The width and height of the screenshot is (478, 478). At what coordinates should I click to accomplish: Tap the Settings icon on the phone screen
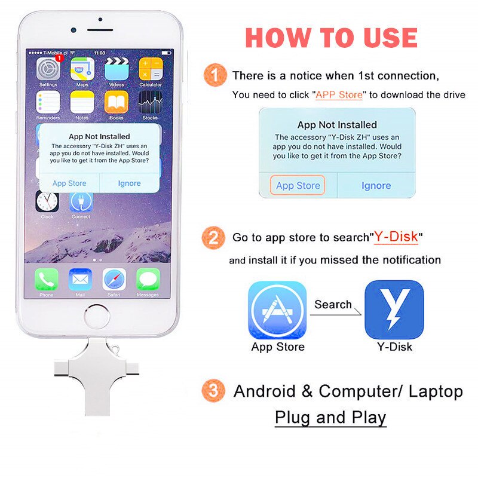coord(48,70)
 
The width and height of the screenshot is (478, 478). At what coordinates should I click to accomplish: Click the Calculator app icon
coord(151,70)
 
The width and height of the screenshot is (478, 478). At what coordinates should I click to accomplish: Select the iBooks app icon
coord(116,102)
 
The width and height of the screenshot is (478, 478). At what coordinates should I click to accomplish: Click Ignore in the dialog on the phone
coord(129,183)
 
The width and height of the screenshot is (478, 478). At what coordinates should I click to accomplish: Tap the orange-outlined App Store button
coord(298,186)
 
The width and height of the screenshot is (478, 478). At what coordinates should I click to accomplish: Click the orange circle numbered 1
coord(215,76)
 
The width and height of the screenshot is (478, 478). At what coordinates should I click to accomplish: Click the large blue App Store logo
coord(277,310)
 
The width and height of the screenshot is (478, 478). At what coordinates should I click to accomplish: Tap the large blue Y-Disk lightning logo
coord(394,310)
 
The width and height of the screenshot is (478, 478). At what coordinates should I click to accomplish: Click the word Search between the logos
coord(333,304)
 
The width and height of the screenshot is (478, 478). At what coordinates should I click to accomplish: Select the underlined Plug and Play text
coord(330,417)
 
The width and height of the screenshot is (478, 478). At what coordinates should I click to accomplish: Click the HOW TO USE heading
coord(331,38)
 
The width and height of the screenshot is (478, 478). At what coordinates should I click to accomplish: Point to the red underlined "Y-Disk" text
coord(396,237)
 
